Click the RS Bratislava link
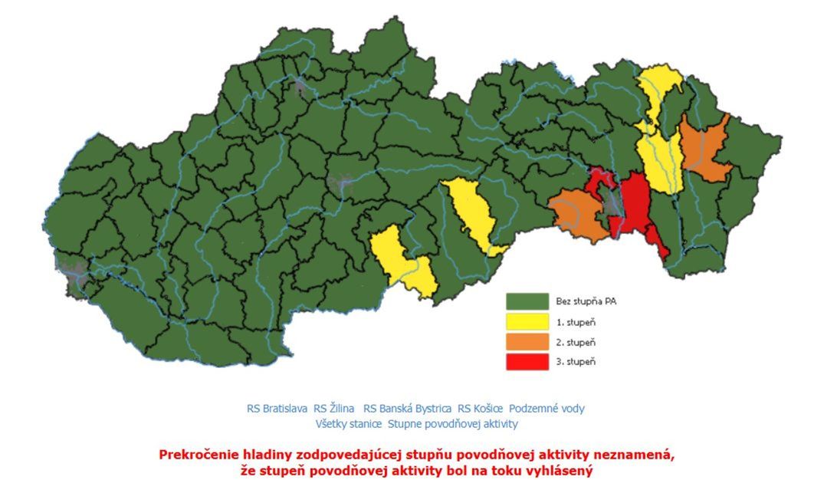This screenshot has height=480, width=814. click(x=277, y=409)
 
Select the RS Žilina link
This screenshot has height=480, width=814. click(x=334, y=409)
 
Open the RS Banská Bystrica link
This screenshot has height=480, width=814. click(x=407, y=409)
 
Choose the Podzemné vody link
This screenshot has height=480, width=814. click(x=546, y=409)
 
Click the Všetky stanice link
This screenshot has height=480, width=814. click(x=348, y=423)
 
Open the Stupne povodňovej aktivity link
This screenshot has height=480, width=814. click(x=453, y=423)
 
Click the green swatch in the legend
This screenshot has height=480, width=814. click(x=527, y=301)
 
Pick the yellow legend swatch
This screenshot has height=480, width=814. click(x=527, y=321)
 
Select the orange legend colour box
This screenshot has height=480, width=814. click(x=527, y=341)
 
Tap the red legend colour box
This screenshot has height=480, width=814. click(x=527, y=361)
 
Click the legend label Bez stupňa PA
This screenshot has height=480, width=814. click(x=586, y=301)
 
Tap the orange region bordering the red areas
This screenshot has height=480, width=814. click(x=579, y=214)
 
